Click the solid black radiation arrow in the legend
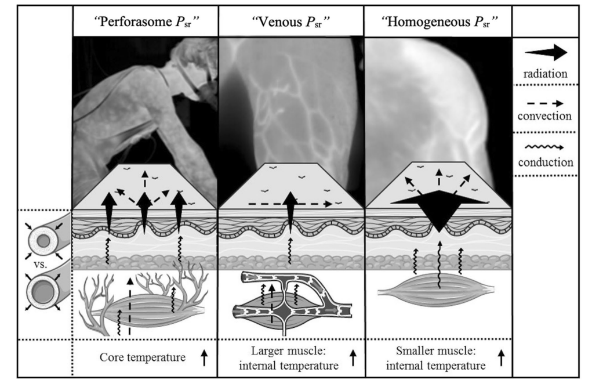(x=546, y=53)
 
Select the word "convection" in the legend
(x=546, y=116)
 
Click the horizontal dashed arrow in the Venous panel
(x=290, y=204)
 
